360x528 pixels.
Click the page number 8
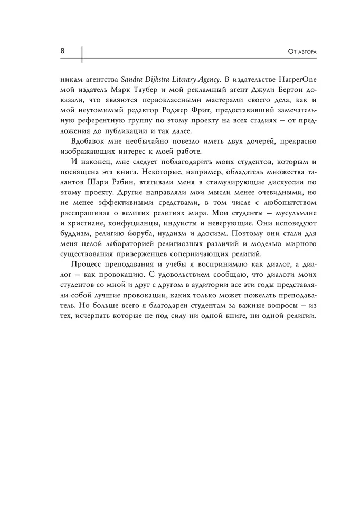(62, 51)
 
